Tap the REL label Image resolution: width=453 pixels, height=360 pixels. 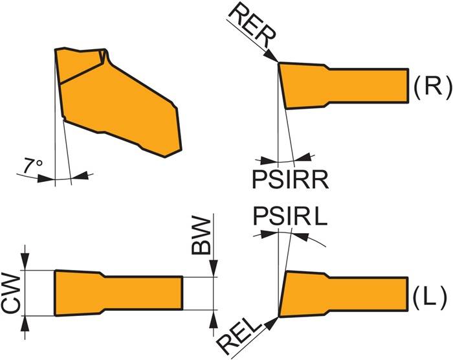coord(244,330)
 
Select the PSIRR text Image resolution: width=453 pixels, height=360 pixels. coord(292,177)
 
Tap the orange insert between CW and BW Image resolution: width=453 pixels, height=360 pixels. coord(116,293)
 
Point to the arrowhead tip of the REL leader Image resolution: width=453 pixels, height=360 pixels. coord(276,319)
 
